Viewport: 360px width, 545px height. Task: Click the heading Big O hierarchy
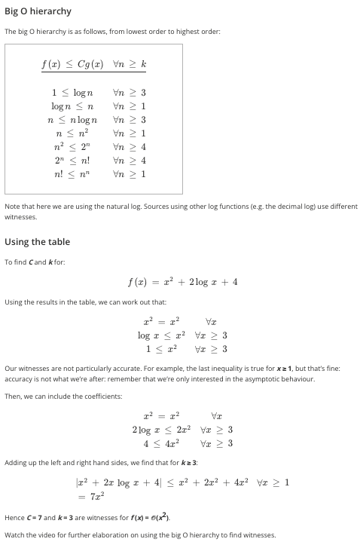pos(38,11)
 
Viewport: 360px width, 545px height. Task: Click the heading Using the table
pos(37,242)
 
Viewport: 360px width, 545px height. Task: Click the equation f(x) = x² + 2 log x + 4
pos(183,282)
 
